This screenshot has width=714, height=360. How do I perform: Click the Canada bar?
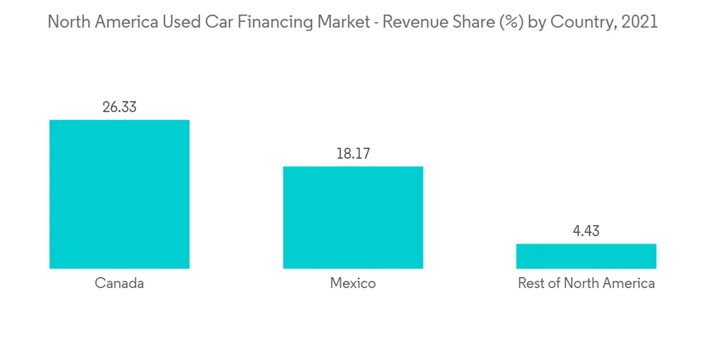coord(119,194)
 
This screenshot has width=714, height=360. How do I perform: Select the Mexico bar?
coord(353,218)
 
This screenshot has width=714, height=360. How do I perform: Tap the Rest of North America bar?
coord(586,256)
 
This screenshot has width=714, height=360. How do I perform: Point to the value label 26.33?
coord(119,108)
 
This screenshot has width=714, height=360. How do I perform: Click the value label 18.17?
coord(353,154)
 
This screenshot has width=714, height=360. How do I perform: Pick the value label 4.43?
coord(586,231)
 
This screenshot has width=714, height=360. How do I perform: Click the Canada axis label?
coord(119,284)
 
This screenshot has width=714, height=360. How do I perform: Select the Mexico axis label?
coord(353,284)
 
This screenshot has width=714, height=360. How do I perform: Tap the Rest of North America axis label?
coord(586,284)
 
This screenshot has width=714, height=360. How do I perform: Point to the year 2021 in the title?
coord(640,22)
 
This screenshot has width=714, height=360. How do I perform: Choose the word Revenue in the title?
coord(416,22)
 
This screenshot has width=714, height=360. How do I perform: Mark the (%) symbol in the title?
coord(508,22)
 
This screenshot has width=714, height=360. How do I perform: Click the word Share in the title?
coord(473,22)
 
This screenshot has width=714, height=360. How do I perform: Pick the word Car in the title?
coord(211,22)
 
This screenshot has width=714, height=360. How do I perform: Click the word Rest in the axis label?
coord(531,284)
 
